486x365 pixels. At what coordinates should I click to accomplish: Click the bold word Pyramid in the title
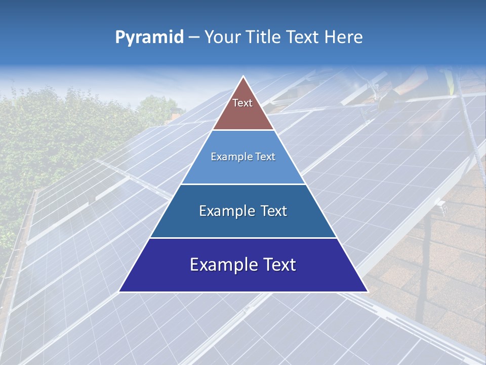coord(149,38)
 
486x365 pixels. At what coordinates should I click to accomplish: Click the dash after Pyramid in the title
coord(193,38)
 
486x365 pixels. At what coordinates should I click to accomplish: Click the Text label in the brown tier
coord(242,103)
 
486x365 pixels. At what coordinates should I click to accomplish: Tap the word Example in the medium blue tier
coord(226,211)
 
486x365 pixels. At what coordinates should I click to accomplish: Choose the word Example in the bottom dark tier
coord(221,265)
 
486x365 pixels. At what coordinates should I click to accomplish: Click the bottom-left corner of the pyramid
coord(119,291)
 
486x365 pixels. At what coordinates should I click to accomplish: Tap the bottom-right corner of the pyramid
coord(367,291)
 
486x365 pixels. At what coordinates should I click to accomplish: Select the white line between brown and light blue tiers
coord(243,130)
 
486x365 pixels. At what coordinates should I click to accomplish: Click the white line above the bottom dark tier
coord(243,238)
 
